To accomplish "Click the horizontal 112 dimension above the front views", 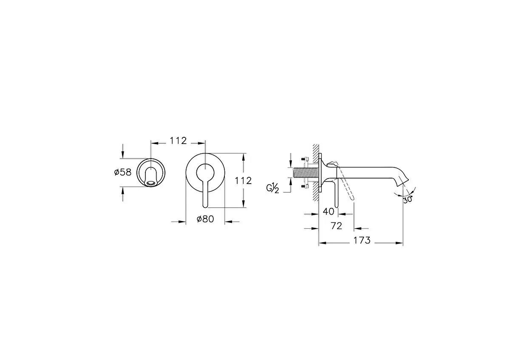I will point(178,141).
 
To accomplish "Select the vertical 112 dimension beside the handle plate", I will point(243,181).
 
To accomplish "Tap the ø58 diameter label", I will point(122,172).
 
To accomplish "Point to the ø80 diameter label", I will point(205,219).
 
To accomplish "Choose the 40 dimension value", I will point(329,212).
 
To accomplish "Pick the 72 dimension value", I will point(336,226).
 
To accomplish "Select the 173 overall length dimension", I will point(362,241).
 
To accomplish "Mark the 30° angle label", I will point(408,199).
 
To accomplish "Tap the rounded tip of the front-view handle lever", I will point(205,205).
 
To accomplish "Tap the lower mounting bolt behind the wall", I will point(305,186).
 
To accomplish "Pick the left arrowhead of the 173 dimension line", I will point(322,243).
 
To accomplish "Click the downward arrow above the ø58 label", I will point(123,154).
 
